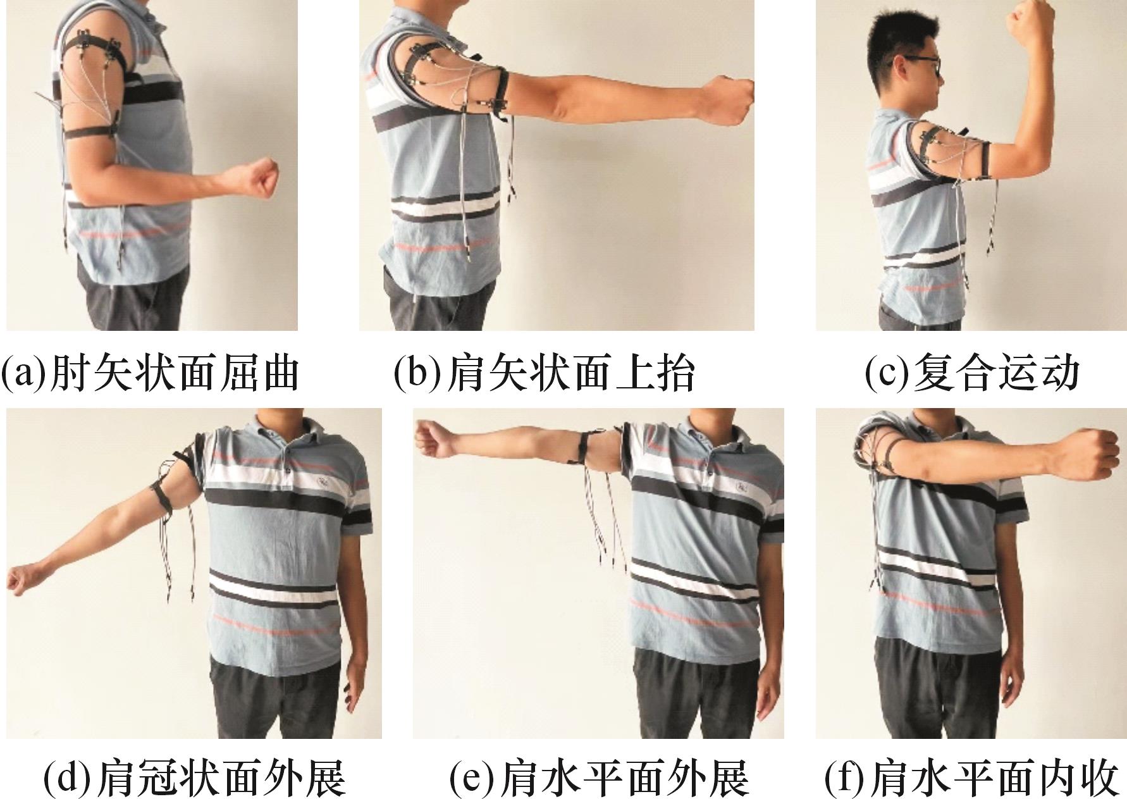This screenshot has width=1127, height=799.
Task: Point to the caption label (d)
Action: [195, 778]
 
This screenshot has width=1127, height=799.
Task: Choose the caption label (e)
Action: [600, 778]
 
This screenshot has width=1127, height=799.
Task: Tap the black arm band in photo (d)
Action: [163, 495]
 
